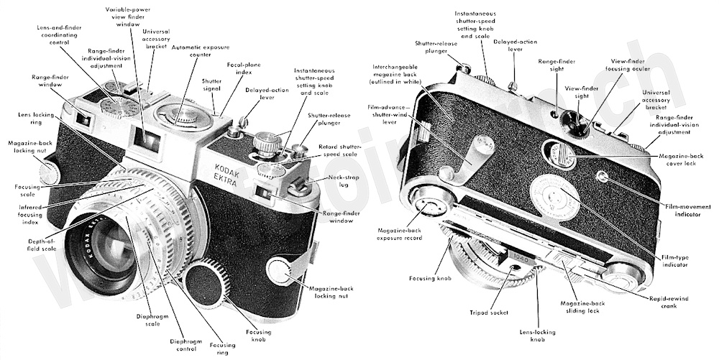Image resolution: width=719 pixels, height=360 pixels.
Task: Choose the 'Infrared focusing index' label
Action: [x=27, y=213]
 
